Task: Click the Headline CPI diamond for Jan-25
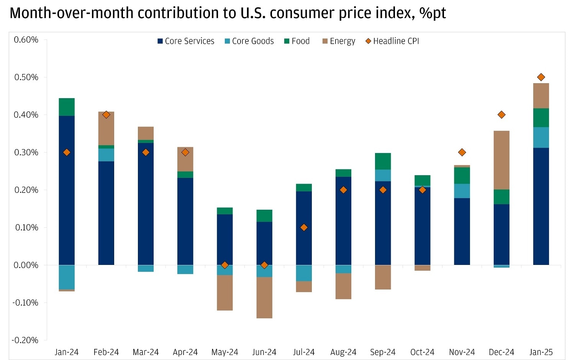[541, 77]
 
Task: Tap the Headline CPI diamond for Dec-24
[501, 115]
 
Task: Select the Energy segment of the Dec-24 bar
[501, 160]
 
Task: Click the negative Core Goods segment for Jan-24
[67, 277]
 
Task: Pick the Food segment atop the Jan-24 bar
[67, 107]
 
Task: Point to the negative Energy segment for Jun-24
[264, 298]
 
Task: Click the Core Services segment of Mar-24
[146, 204]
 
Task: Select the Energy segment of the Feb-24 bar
[106, 128]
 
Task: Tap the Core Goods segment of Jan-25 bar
[541, 137]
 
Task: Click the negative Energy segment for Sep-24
[383, 277]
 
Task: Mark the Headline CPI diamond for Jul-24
[304, 227]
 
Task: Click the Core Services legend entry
[186, 41]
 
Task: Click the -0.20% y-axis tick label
[25, 340]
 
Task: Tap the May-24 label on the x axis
[225, 352]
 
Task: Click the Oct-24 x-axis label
[422, 352]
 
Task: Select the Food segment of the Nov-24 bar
[462, 176]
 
